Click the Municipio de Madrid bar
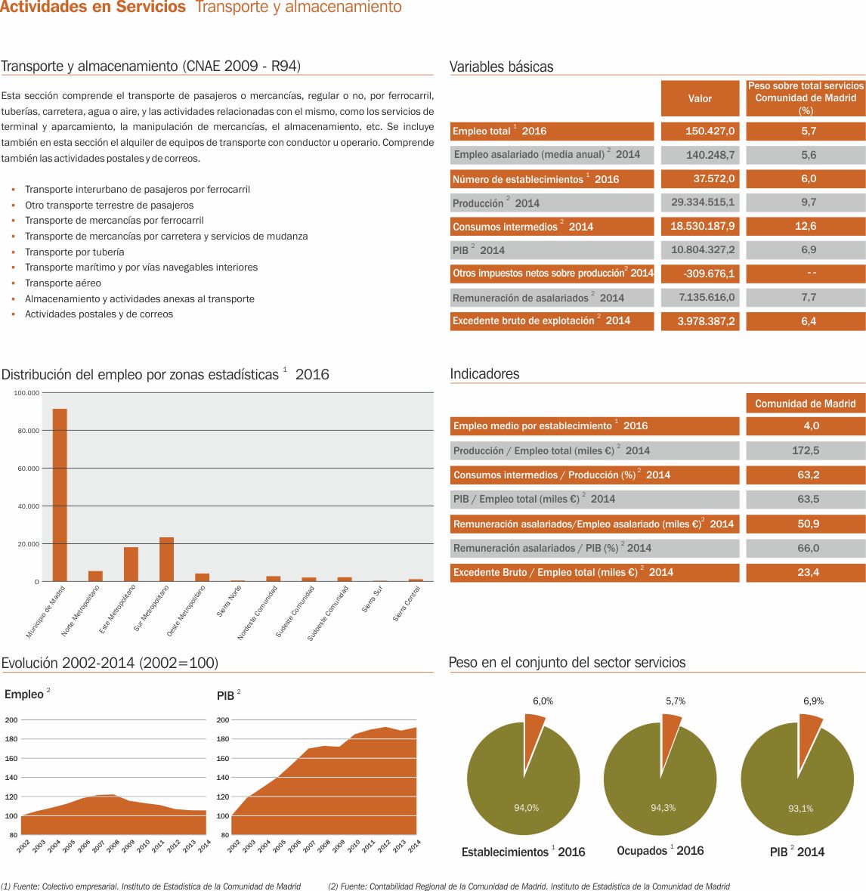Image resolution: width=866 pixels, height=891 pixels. pos(60,495)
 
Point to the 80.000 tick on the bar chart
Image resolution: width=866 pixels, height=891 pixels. pos(29,431)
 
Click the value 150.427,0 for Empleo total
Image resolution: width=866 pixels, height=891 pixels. pos(700,131)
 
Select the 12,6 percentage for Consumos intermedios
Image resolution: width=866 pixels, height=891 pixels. pos(806,226)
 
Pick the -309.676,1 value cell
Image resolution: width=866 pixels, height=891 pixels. pos(700,274)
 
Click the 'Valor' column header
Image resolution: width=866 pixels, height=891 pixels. pos(700,98)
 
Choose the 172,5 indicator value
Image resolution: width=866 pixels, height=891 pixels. pos(806,450)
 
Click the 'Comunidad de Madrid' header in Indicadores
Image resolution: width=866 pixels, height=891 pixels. pos(806,404)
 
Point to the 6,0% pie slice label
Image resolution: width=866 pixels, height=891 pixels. pos(543,701)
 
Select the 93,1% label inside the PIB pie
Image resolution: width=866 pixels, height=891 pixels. pos(800,809)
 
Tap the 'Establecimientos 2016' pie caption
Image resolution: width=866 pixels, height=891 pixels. pos(523,852)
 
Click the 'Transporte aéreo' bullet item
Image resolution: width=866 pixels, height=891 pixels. pos(63,283)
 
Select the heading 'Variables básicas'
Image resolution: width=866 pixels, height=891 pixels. pos(502,67)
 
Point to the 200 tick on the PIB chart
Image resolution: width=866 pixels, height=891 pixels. pos(223,720)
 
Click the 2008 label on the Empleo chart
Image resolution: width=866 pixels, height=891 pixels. pos(113,846)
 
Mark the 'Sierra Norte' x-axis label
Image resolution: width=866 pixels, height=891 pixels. pos(230,602)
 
